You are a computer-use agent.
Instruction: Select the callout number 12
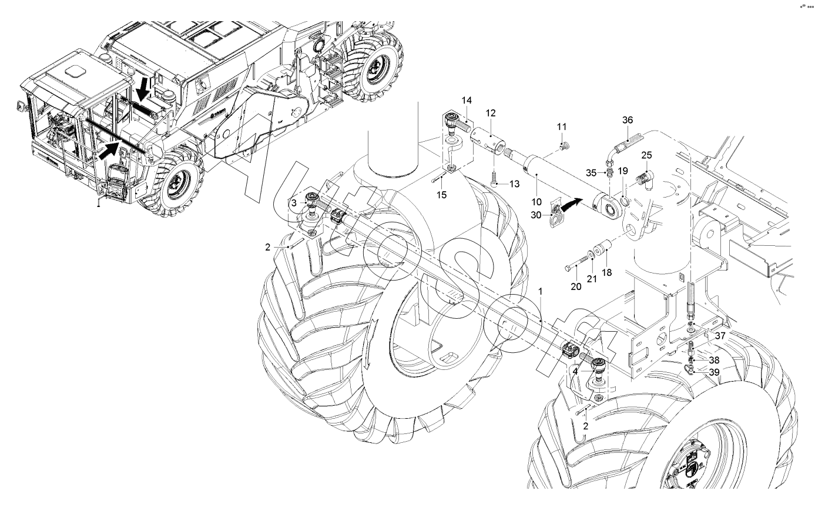coord(491,112)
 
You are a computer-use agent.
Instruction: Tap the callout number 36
coord(628,120)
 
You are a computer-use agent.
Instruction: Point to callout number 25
coord(646,155)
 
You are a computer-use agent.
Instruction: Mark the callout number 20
coord(576,286)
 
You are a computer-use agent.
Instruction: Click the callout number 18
coord(607,272)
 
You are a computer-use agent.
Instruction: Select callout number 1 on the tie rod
coord(541,291)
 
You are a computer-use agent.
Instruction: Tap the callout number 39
coord(714,372)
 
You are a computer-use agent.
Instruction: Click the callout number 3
coord(294,202)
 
